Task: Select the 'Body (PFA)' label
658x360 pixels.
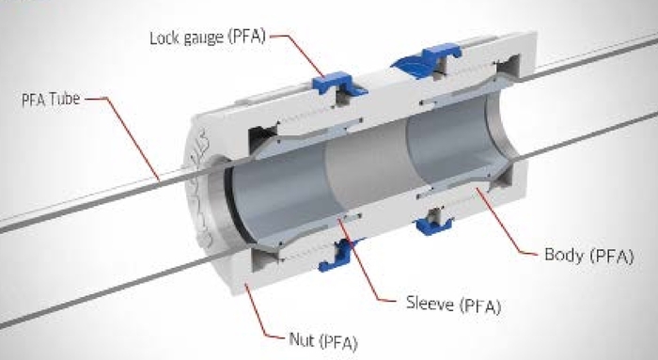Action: [x=585, y=255]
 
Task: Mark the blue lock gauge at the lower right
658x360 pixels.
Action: [x=433, y=222]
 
